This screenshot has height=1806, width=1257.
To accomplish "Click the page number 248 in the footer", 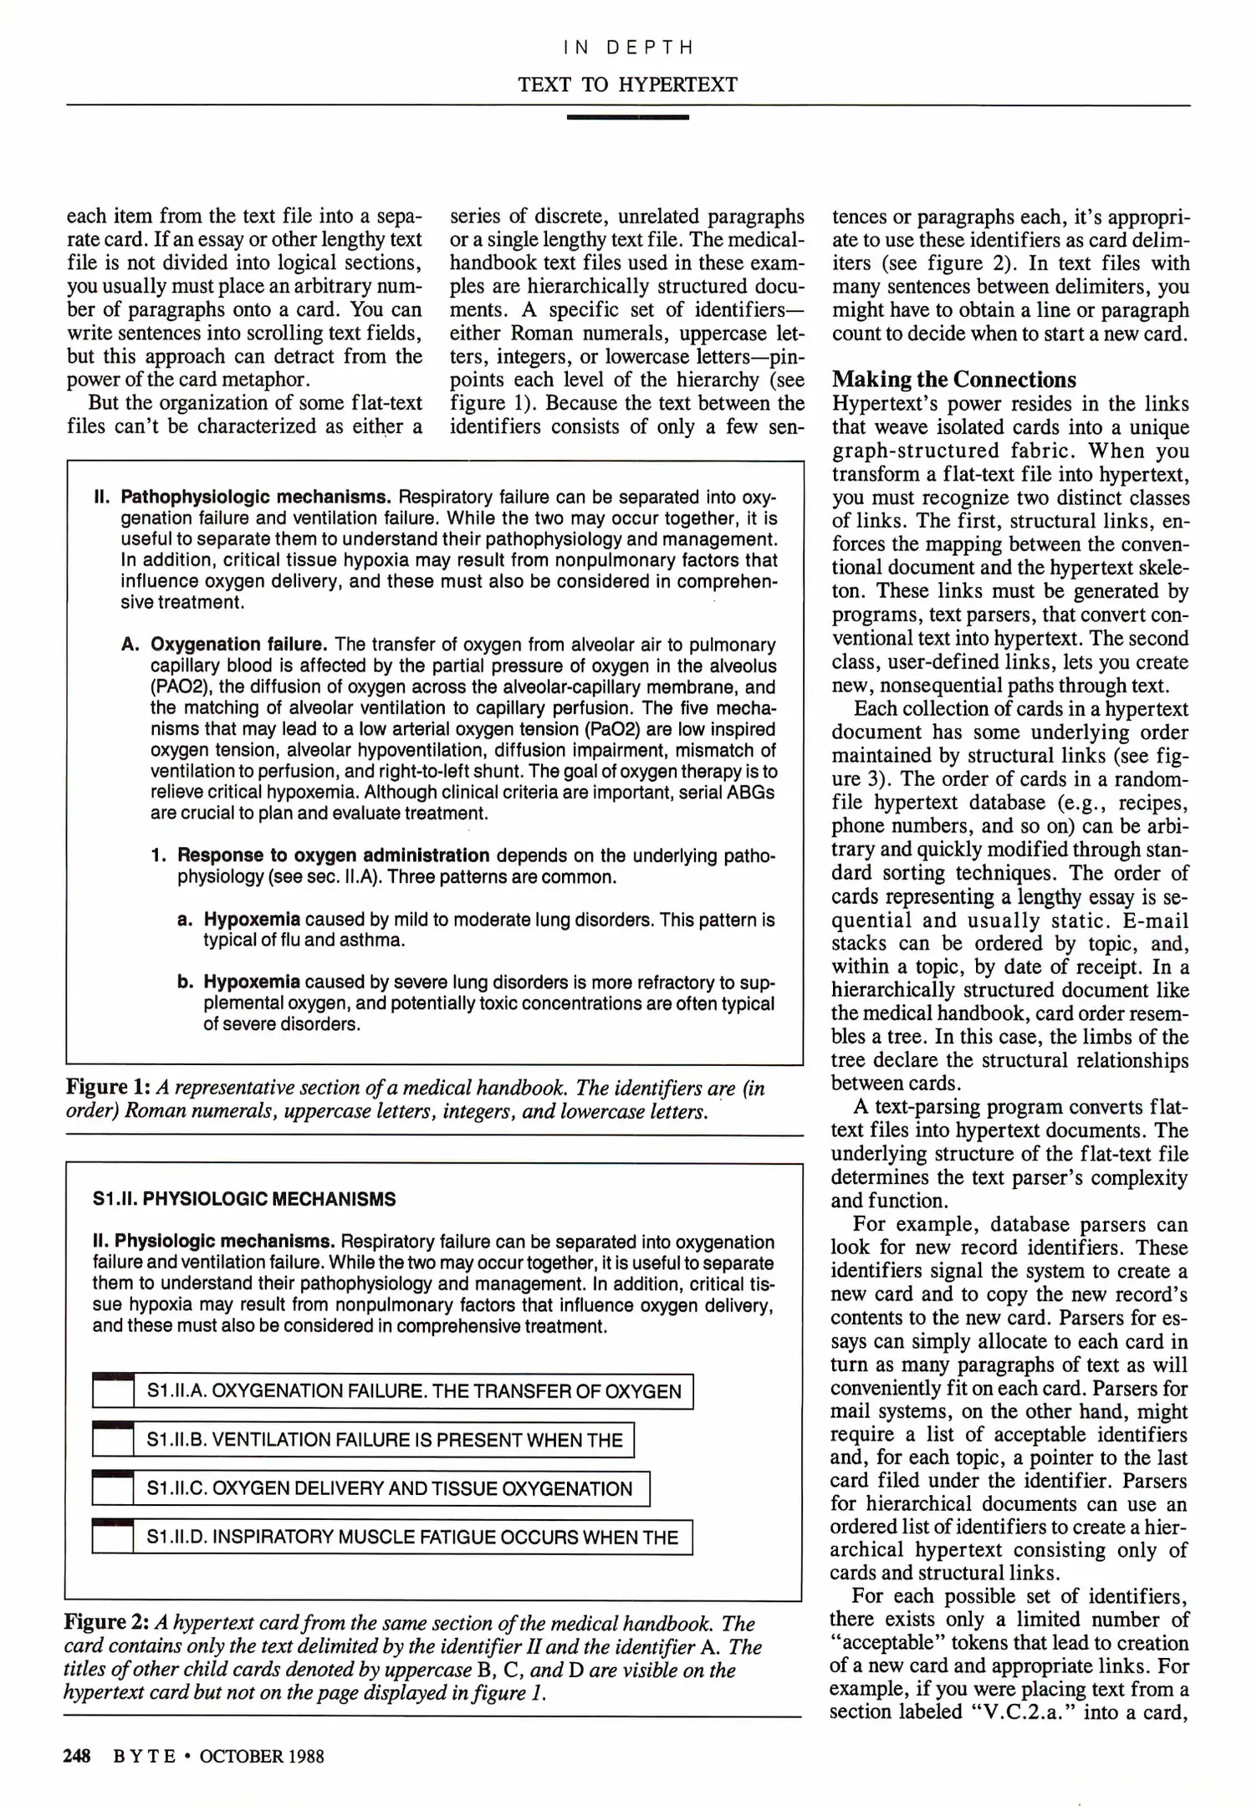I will (x=77, y=1756).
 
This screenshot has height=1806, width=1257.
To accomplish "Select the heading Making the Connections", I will (x=953, y=380).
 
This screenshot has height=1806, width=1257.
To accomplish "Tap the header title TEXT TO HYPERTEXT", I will (x=627, y=84).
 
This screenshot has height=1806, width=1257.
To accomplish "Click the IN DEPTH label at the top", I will (x=628, y=48).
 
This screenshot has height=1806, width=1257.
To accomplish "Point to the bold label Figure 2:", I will (x=107, y=1623).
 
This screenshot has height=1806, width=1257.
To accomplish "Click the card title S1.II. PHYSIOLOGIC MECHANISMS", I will (x=244, y=1200).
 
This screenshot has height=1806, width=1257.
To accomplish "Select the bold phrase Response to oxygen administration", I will (x=333, y=855).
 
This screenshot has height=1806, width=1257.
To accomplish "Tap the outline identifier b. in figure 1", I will (x=186, y=982).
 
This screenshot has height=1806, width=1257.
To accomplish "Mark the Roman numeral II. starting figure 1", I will (x=102, y=497).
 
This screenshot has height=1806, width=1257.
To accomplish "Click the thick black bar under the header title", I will (x=627, y=117).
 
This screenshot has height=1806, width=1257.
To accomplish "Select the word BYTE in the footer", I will (x=144, y=1756).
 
